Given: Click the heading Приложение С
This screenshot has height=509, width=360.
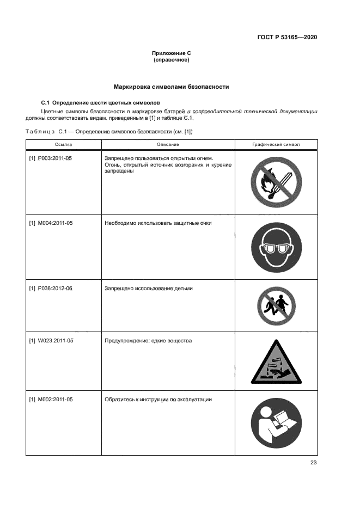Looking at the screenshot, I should point(171,53).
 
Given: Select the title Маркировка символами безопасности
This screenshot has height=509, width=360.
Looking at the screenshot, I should point(171,87).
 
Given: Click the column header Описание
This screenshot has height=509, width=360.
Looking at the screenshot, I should point(168,144).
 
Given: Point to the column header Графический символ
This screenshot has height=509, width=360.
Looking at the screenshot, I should point(276,144).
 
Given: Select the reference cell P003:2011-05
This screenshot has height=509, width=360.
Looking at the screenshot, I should point(51,158).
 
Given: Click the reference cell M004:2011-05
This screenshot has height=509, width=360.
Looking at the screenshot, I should point(51,223).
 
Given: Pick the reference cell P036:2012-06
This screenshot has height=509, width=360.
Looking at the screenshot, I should point(51,288).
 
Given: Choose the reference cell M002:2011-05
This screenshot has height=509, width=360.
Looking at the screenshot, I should point(51,399).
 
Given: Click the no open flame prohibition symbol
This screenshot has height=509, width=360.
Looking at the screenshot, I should point(276,182).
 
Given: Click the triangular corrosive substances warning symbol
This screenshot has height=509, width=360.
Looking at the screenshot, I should point(276,364).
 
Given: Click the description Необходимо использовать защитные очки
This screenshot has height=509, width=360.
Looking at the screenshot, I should point(158,223).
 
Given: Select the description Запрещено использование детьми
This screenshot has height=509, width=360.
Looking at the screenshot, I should point(148,288).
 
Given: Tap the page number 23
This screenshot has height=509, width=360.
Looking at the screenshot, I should point(313,463).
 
